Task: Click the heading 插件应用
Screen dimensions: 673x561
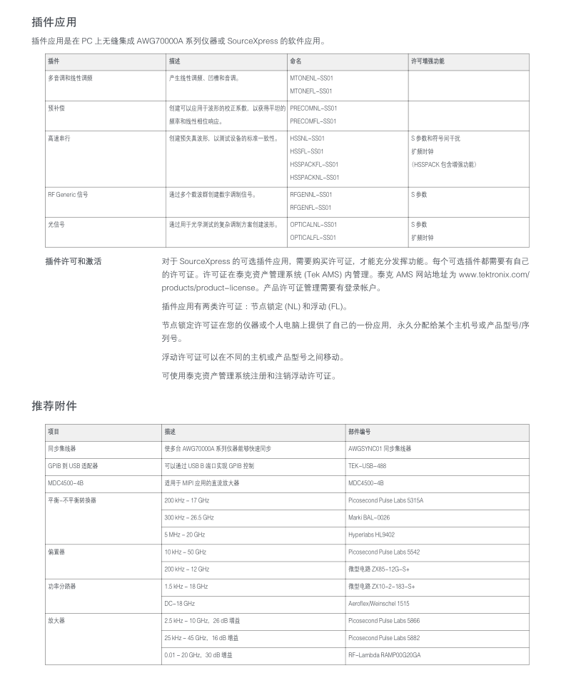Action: point(54,23)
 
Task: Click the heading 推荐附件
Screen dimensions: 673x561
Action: point(54,406)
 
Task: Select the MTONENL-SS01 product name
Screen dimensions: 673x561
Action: point(311,78)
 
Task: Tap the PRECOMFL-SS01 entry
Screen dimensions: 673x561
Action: point(313,121)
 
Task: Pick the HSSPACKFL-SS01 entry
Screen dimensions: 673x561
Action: point(314,164)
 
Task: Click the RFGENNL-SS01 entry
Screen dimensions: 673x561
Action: point(311,194)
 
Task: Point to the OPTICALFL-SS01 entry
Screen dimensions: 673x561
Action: point(313,237)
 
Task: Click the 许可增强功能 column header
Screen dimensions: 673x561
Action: point(428,61)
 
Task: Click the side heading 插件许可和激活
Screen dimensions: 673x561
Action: point(73,261)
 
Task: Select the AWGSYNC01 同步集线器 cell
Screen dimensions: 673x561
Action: point(380,448)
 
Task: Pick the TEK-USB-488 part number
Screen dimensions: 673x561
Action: point(367,465)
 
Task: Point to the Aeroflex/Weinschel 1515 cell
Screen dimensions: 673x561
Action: point(379,604)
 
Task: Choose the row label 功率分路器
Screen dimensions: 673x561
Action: point(61,586)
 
